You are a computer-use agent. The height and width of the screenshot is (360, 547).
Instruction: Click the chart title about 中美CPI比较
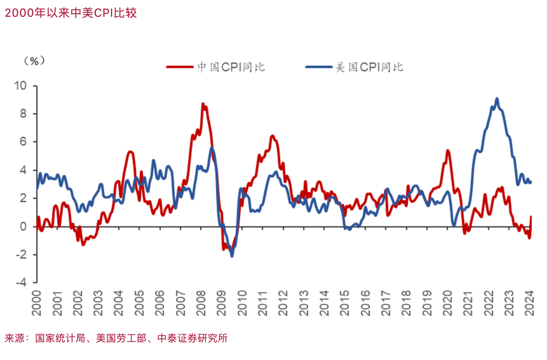pos(70,13)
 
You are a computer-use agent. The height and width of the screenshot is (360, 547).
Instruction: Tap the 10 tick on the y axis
pos(21,86)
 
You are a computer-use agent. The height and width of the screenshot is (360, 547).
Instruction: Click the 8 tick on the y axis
pos(24,114)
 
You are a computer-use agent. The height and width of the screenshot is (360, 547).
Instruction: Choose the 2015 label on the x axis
pos(345,303)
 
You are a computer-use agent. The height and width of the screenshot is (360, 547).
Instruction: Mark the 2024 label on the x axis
pos(529,303)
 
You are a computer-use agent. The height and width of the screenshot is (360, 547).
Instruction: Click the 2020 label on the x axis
pos(447,303)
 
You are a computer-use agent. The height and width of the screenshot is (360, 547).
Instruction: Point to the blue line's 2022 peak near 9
pos(497,99)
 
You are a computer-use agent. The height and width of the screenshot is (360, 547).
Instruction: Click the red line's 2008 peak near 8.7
pos(203,104)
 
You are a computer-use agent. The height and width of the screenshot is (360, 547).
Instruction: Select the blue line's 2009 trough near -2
pos(232,256)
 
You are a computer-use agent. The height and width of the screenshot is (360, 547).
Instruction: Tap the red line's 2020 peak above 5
pos(448,151)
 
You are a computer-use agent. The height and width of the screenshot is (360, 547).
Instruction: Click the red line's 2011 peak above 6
pos(272,136)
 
